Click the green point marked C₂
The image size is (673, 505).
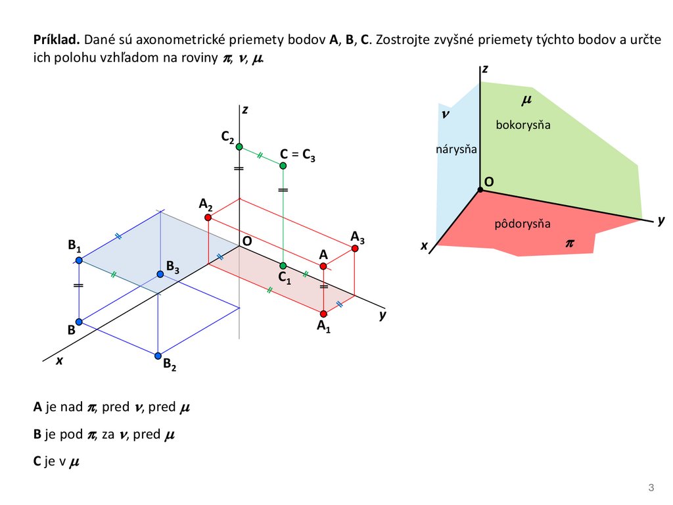click(x=239, y=147)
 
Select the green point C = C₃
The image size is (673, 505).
click(x=283, y=166)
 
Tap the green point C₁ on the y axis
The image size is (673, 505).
click(x=283, y=266)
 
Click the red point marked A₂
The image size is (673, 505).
click(x=208, y=218)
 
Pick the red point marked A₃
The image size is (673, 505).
click(x=355, y=248)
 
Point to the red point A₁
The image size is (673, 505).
click(x=323, y=313)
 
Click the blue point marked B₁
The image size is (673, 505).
click(x=79, y=260)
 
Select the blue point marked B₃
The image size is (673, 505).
click(x=159, y=274)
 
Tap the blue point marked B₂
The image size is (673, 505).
click(x=158, y=356)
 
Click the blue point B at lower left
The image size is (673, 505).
click(x=79, y=322)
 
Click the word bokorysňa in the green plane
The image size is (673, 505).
click(x=523, y=125)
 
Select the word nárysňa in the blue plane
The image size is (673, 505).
click(x=455, y=150)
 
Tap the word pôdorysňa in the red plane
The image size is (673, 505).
click(x=522, y=225)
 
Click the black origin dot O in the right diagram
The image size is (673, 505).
click(x=481, y=189)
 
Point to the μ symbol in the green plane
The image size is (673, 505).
click(x=526, y=101)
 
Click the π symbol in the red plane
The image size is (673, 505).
click(x=569, y=243)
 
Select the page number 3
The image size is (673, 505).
click(x=651, y=487)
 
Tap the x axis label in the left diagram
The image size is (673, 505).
click(x=58, y=360)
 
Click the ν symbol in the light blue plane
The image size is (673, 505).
click(x=446, y=114)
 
